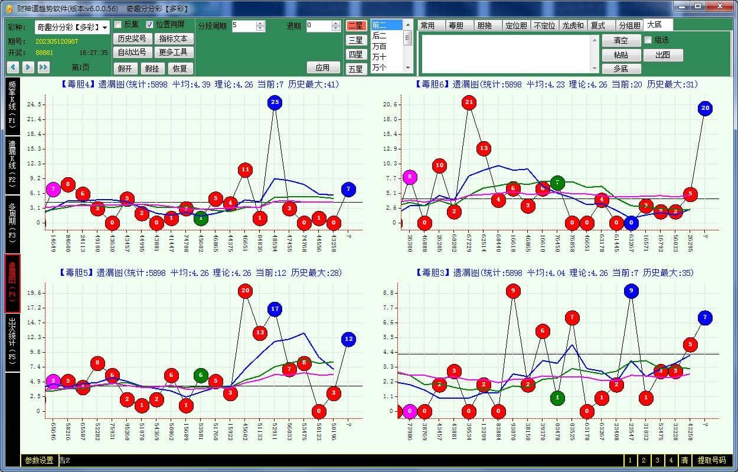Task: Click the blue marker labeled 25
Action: click(275, 102)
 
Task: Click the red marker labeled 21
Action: click(469, 103)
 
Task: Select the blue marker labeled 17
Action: click(275, 308)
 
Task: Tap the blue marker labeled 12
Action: click(348, 339)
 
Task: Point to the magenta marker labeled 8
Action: click(410, 177)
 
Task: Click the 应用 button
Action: click(323, 68)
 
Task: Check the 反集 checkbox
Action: click(118, 25)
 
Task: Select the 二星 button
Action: click(355, 25)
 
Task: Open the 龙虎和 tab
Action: click(573, 25)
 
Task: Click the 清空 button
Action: click(621, 41)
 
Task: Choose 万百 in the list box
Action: click(380, 46)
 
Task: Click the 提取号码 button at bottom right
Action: click(712, 460)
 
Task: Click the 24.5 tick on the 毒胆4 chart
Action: click(34, 105)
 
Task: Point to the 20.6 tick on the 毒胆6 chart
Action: click(390, 105)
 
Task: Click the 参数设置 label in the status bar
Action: click(39, 460)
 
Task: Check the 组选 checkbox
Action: click(648, 40)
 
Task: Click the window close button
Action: click(720, 6)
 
